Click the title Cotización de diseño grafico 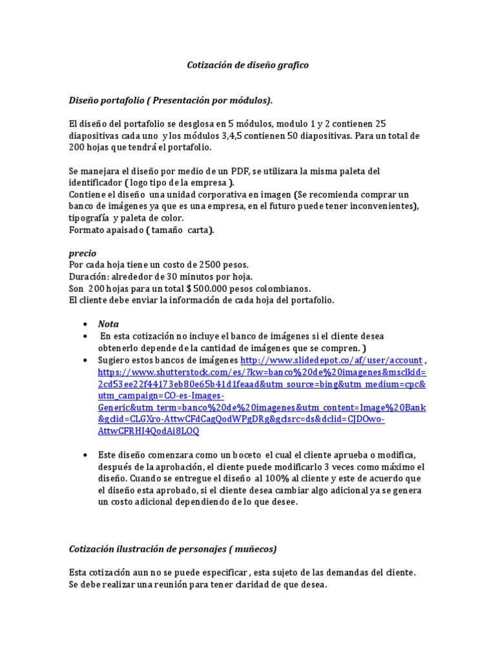click(x=248, y=65)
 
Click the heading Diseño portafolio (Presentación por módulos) click(x=170, y=100)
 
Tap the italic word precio click(x=83, y=254)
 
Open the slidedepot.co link click(x=331, y=360)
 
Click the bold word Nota click(x=108, y=324)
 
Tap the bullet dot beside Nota click(x=85, y=324)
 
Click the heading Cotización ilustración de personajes click(x=173, y=549)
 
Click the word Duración click(x=88, y=277)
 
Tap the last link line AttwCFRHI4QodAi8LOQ click(x=149, y=431)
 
